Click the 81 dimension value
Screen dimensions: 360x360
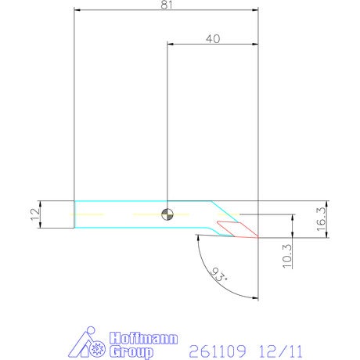tap(167, 5)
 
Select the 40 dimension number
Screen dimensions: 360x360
tap(213, 39)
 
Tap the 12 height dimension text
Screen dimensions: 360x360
tap(35, 214)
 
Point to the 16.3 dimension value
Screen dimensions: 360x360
tap(321, 219)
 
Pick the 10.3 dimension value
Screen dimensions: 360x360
tap(287, 256)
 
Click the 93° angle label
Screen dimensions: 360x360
tap(218, 275)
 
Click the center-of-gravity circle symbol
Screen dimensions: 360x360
tap(167, 214)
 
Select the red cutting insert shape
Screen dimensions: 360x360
tap(237, 229)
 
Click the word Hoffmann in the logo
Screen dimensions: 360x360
tap(143, 338)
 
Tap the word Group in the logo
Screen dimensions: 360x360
tap(131, 352)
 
